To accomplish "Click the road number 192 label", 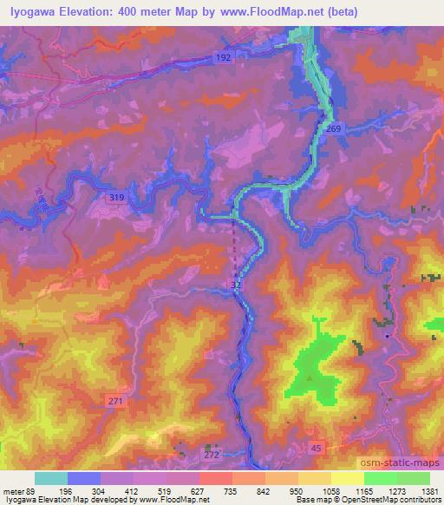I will click(x=224, y=56).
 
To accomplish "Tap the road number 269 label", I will click(x=335, y=128).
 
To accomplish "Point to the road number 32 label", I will click(x=236, y=284).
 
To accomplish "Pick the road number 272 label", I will click(x=212, y=454).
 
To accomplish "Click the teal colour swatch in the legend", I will click(x=51, y=478).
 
